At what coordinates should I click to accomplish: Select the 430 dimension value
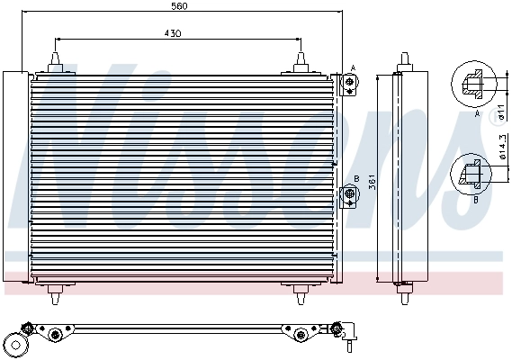(172, 33)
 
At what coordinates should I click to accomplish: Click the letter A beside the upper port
(354, 67)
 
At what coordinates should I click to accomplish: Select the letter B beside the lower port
(357, 179)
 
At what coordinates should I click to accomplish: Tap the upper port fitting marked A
(347, 84)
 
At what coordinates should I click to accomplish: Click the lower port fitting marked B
(347, 193)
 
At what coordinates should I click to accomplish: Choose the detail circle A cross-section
(475, 86)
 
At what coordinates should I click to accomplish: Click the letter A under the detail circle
(475, 115)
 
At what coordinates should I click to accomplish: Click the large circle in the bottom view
(16, 346)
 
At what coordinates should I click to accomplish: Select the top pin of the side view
(404, 61)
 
